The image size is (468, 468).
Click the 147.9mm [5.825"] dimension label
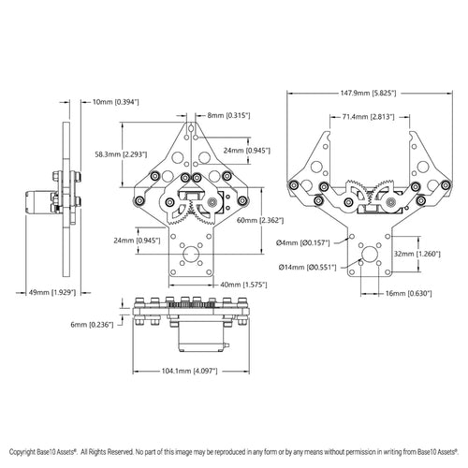point(368,93)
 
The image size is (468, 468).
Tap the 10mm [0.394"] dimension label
point(116,102)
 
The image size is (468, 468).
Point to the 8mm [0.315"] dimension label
point(228,115)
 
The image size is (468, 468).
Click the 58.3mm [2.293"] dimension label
point(121,154)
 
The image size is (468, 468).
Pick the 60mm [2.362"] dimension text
point(260,220)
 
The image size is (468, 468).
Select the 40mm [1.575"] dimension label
point(243,285)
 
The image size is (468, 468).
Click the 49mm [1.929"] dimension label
point(52,293)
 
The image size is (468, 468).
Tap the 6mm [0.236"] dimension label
point(92,325)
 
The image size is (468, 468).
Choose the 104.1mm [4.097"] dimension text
point(189,371)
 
